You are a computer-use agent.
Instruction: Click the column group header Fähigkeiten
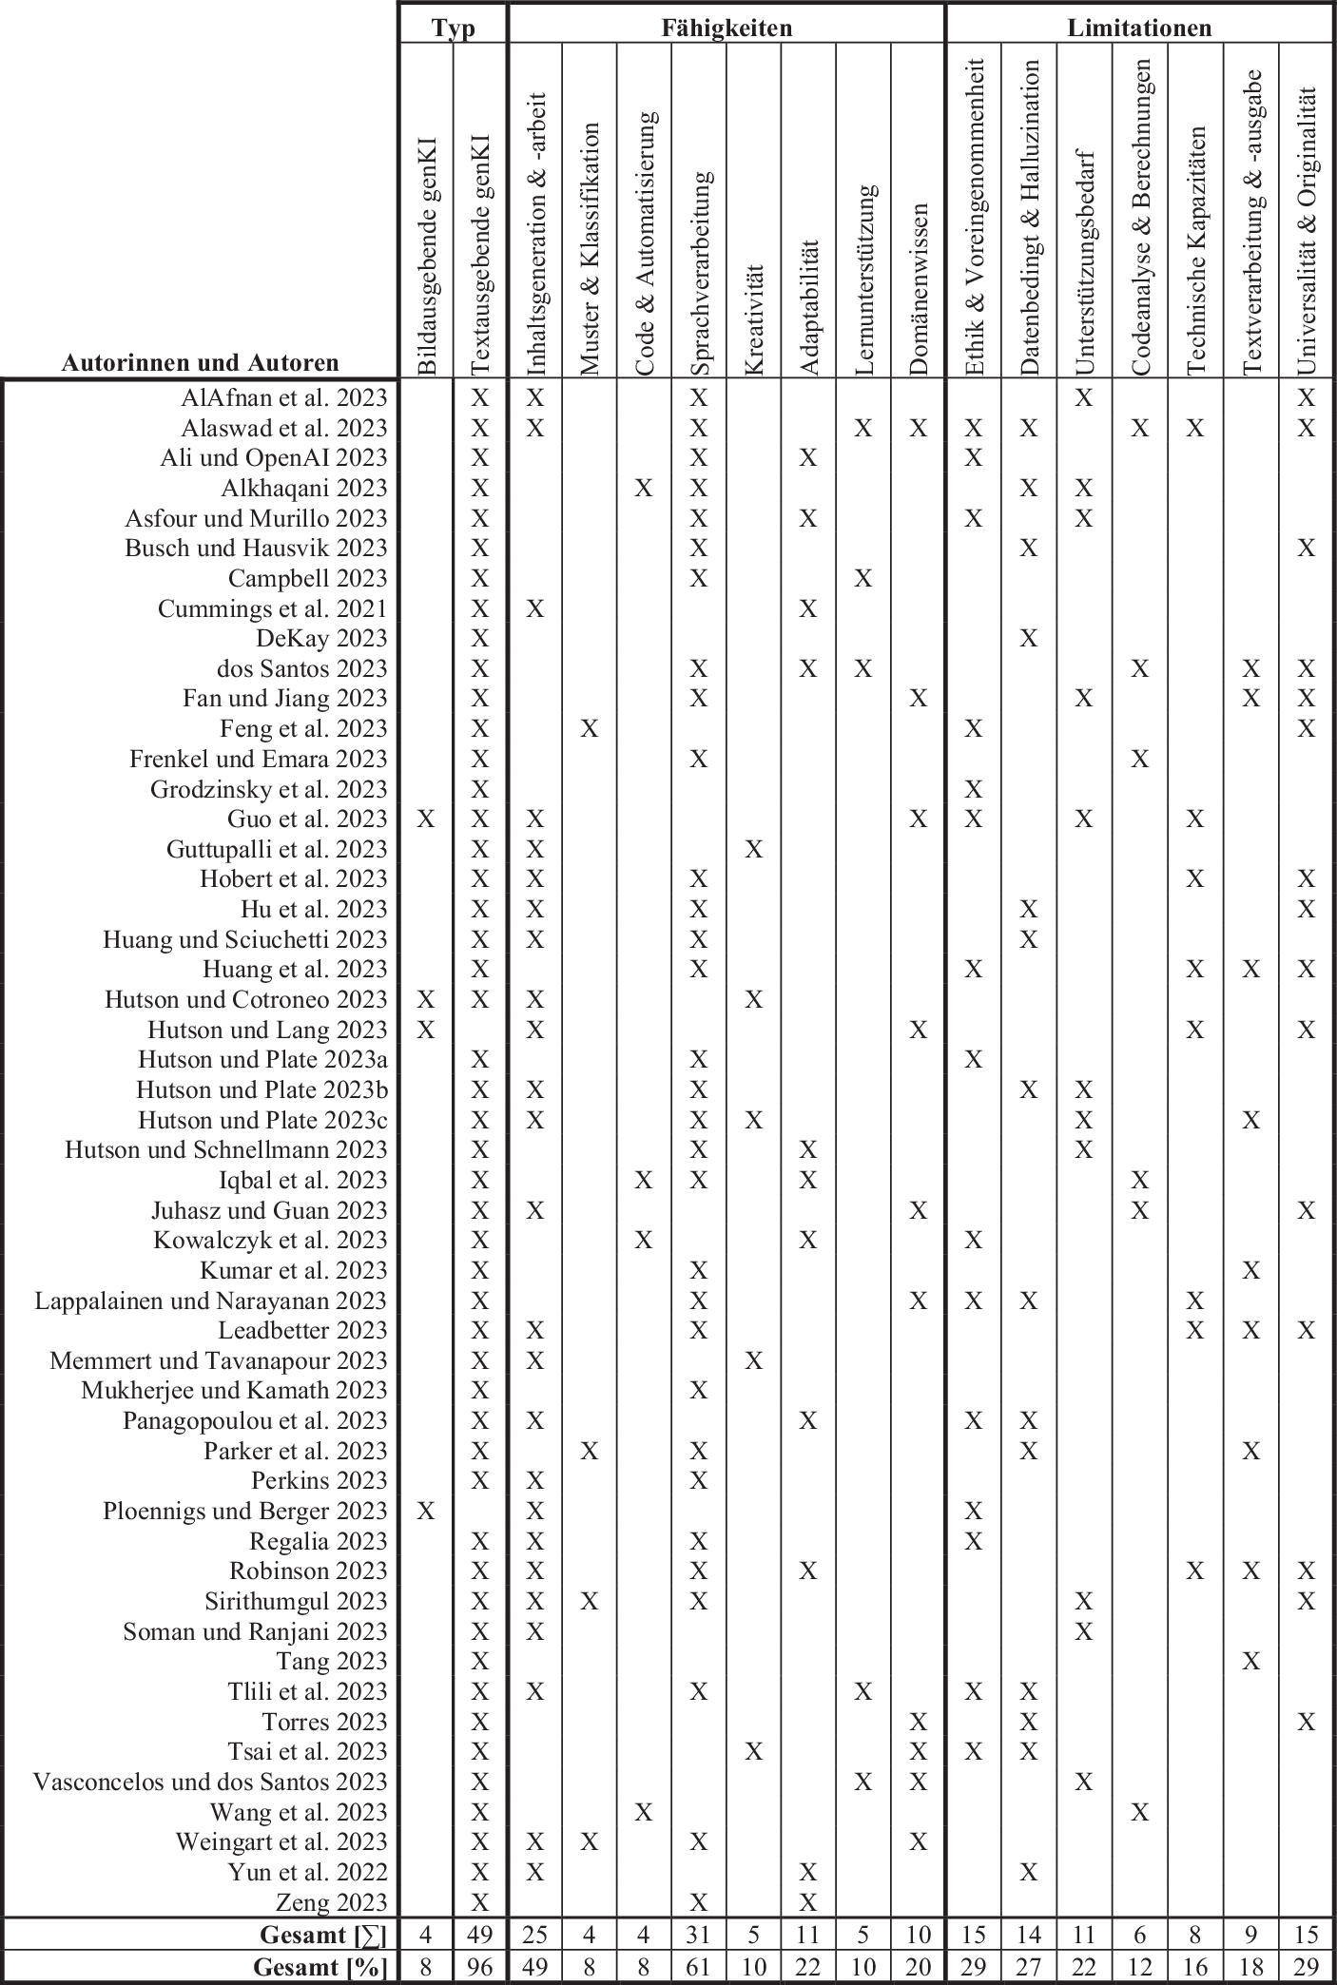click(727, 28)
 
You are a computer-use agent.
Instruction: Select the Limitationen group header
click(1139, 28)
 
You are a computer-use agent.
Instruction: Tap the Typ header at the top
click(453, 28)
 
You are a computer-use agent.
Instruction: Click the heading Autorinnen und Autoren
click(200, 362)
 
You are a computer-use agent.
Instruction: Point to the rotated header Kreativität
click(754, 320)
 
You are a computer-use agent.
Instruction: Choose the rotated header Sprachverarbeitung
click(699, 275)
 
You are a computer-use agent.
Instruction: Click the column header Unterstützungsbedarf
click(1084, 261)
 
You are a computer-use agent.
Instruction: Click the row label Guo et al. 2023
click(307, 819)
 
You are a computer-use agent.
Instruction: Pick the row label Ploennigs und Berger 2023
click(245, 1511)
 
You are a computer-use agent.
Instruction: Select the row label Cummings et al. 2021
click(273, 608)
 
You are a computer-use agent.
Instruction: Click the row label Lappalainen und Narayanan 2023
click(211, 1301)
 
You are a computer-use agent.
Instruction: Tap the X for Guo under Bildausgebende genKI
click(426, 819)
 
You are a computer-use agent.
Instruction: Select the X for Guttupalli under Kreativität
click(754, 849)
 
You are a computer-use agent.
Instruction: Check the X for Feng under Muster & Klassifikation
click(590, 728)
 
